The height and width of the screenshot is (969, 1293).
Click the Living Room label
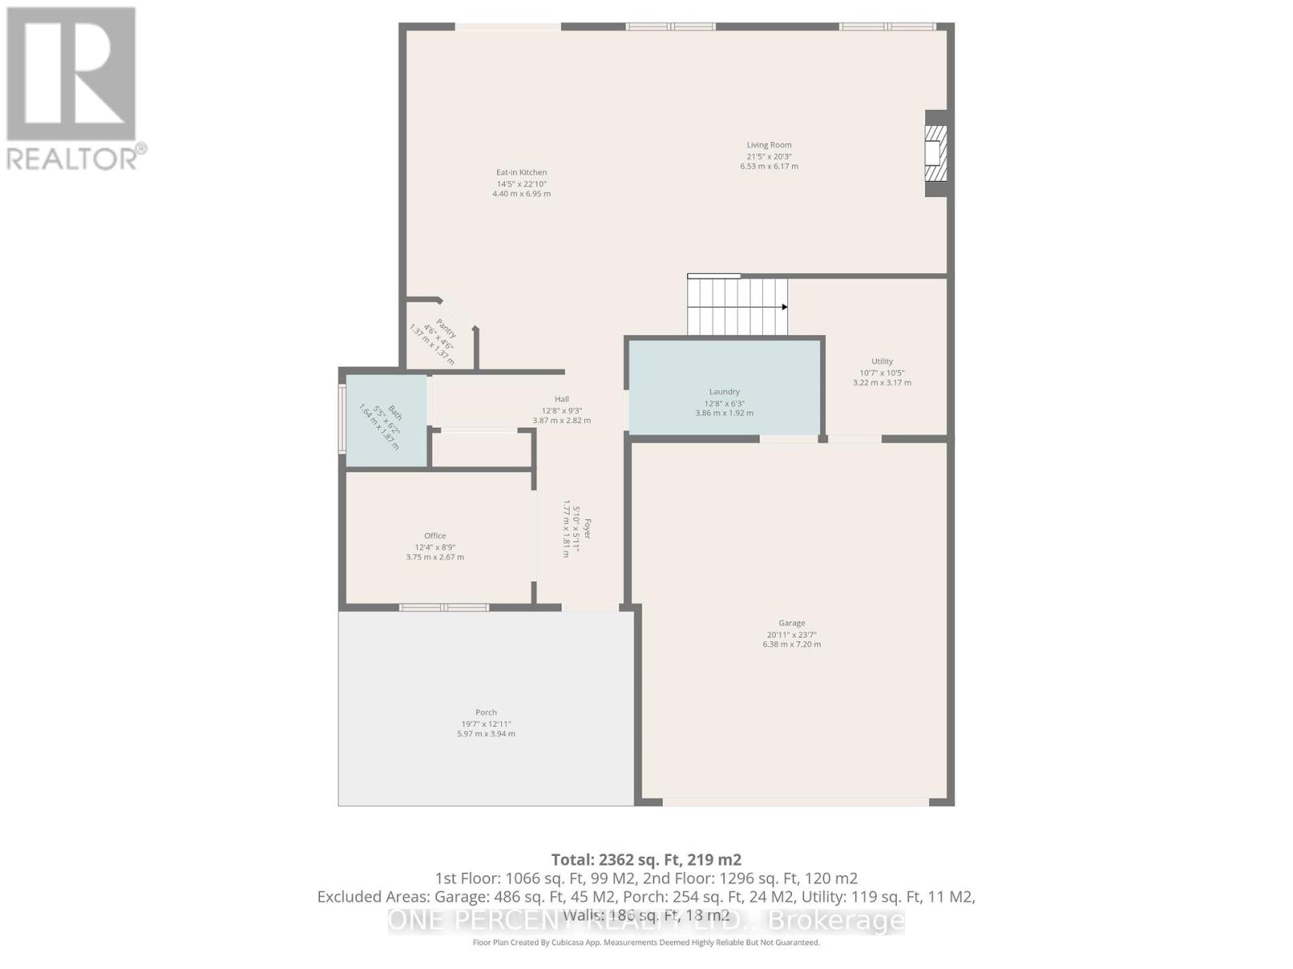point(769,145)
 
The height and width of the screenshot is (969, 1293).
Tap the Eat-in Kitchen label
point(521,172)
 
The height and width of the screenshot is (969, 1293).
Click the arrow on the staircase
point(783,307)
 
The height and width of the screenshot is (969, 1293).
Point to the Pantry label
point(444,328)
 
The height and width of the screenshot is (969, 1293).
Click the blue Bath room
point(386,420)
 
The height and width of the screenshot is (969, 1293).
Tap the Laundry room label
point(724,392)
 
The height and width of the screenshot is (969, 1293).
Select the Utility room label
point(882,361)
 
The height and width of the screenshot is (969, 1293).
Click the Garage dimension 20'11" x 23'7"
point(791,634)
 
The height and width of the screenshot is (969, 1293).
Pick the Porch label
point(486,712)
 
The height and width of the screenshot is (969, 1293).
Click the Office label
point(435,535)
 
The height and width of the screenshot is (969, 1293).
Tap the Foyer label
point(588,528)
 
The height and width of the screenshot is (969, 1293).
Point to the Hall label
point(562,399)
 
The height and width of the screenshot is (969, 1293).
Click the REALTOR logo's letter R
point(71,74)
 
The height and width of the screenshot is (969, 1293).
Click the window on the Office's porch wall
point(444,606)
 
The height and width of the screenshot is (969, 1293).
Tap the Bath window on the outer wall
point(342,419)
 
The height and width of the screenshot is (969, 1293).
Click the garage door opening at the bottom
point(795,802)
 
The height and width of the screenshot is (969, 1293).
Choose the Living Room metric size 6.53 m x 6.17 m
point(769,166)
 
